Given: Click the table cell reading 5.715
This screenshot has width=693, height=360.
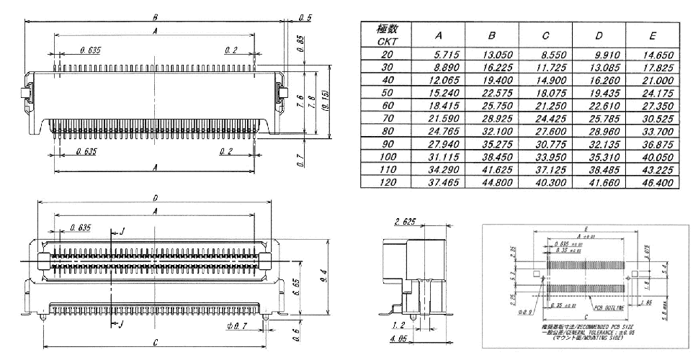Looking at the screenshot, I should click(439, 54).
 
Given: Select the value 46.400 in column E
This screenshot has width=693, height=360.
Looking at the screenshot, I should click(653, 183).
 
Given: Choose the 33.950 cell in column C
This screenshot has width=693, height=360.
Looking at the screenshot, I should click(545, 158).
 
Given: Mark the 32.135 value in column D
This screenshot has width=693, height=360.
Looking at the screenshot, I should click(599, 145).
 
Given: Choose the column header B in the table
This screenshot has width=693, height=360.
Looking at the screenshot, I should click(492, 35).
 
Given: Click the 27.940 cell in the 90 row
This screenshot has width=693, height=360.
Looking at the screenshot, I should click(439, 145).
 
